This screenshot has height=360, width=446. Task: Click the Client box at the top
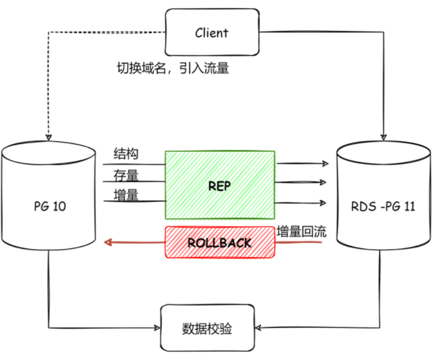211,32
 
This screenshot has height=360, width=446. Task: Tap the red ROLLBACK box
220,242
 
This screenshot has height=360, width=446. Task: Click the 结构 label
126,154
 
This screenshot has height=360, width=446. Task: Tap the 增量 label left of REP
126,195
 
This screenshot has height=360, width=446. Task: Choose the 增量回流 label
302,231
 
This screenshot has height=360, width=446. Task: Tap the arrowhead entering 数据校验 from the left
157,327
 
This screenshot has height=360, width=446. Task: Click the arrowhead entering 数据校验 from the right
258,327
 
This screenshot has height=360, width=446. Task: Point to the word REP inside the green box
220,186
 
